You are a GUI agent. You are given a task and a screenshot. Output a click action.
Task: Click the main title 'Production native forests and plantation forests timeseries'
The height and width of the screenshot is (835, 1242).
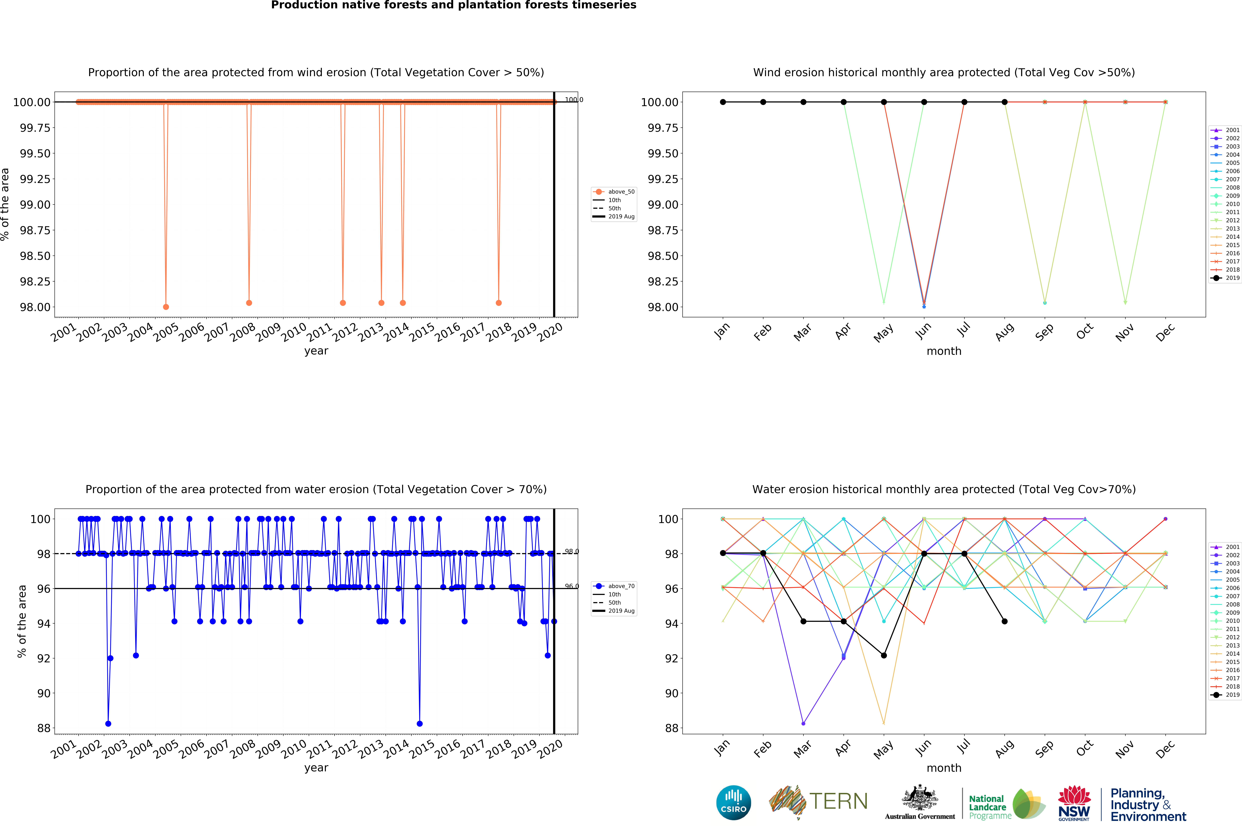(454, 5)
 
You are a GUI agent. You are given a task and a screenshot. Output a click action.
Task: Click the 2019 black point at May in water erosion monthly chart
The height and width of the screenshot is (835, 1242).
(884, 656)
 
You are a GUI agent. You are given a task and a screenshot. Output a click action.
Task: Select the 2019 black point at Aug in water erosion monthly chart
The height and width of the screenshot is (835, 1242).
(1005, 621)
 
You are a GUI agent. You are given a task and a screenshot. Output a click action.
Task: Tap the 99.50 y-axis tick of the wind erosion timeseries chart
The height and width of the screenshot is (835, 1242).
(35, 153)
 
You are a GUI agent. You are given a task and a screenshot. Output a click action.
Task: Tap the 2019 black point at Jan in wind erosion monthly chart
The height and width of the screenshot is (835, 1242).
(723, 102)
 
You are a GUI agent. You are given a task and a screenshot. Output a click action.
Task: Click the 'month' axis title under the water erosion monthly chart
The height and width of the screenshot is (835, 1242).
(944, 768)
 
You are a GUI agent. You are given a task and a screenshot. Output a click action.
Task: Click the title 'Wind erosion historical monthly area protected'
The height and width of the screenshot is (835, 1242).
(944, 72)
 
